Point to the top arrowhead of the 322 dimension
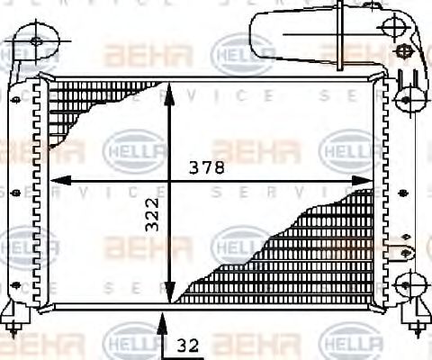[x=168, y=91]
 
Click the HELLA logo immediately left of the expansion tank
[x=235, y=52]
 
